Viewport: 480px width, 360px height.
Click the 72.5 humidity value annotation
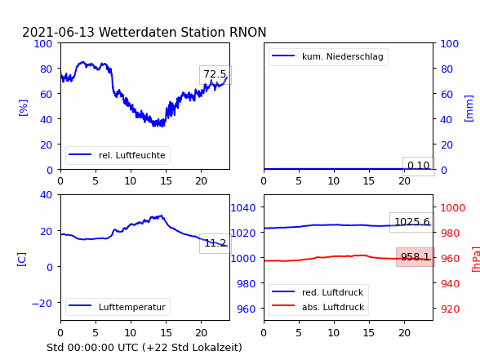[215, 74]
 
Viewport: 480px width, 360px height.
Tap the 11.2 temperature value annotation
[216, 243]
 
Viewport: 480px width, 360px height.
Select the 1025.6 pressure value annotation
[412, 222]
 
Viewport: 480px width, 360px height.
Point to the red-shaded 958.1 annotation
[416, 257]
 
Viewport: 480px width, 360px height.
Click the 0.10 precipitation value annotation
[419, 166]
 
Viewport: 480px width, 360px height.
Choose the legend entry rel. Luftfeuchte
[118, 155]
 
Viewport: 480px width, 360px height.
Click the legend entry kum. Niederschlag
[328, 56]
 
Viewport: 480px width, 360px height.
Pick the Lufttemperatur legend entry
[118, 307]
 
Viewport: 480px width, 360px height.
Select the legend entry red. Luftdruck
[318, 292]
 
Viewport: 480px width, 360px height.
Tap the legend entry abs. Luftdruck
[318, 307]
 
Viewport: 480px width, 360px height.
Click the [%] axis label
[23, 108]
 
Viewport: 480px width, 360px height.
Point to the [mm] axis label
[469, 109]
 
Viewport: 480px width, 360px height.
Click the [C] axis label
[21, 259]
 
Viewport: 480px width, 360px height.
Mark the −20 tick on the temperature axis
[42, 304]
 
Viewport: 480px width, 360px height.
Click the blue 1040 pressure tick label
[243, 208]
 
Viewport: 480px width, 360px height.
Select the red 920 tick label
[450, 309]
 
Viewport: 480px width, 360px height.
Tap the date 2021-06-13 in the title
[59, 32]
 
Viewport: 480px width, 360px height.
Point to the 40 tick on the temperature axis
[46, 194]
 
